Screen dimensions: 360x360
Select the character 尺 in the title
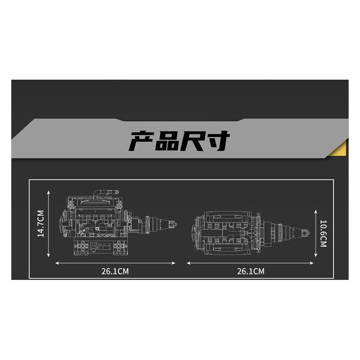coord(192,141)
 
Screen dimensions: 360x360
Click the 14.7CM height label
coord(40,224)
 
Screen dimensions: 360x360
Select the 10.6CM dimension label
coord(323,233)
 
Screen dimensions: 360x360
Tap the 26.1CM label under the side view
coord(115,271)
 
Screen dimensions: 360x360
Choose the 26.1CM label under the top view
coord(250,271)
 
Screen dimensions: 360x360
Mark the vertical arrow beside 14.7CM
coord(49,224)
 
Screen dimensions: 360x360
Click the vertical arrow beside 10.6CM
coord(316,233)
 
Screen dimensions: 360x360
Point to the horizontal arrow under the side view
coord(115,263)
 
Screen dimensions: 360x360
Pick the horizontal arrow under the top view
coord(250,263)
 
